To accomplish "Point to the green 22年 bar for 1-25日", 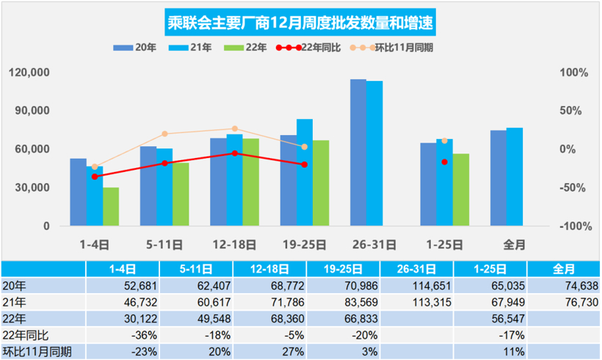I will pyautogui.click(x=460, y=190).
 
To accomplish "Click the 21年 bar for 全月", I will pyautogui.click(x=515, y=176).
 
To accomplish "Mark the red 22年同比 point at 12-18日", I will pyautogui.click(x=235, y=153).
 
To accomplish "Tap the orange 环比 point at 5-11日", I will pyautogui.click(x=164, y=134).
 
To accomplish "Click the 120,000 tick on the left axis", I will pyautogui.click(x=30, y=73).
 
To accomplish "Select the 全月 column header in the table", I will pyautogui.click(x=563, y=267).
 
